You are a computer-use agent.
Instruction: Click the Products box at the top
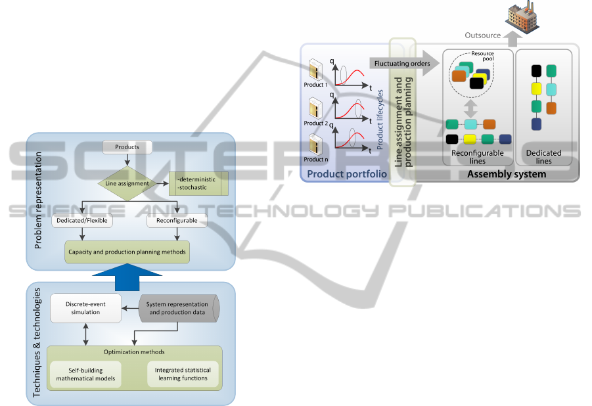pyautogui.click(x=126, y=147)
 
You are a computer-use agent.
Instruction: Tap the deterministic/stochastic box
pyautogui.click(x=198, y=184)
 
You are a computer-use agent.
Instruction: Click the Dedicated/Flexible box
pyautogui.click(x=82, y=221)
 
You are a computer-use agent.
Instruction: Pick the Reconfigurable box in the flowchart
pyautogui.click(x=176, y=221)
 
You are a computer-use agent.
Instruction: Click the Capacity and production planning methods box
pyautogui.click(x=127, y=252)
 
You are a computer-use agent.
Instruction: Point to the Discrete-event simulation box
pyautogui.click(x=87, y=307)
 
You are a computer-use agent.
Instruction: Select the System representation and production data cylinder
pyautogui.click(x=177, y=308)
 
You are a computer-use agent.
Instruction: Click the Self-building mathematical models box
pyautogui.click(x=86, y=374)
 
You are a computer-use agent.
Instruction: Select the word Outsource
pyautogui.click(x=483, y=35)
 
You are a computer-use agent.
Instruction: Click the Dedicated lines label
pyautogui.click(x=543, y=157)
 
